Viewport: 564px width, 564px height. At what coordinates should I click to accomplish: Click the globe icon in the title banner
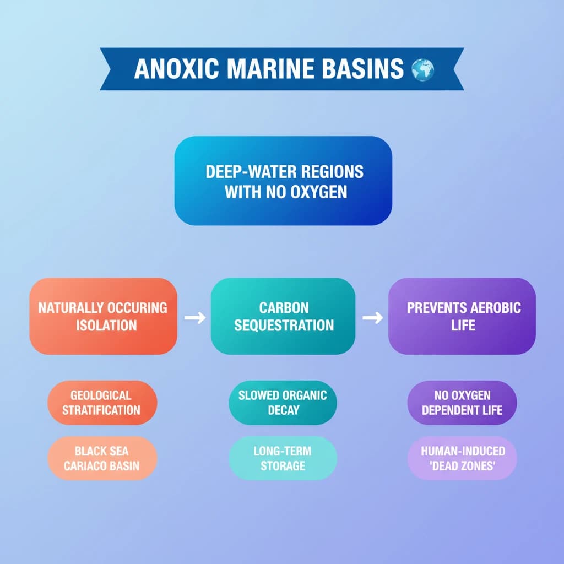[422, 70]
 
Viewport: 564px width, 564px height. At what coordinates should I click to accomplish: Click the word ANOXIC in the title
[177, 68]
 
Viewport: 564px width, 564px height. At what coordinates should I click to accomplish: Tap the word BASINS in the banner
[362, 68]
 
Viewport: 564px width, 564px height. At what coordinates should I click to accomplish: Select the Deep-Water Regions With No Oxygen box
[283, 181]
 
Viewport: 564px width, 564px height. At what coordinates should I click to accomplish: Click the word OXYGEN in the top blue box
[319, 192]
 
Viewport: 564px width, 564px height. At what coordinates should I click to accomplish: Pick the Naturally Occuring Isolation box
[103, 316]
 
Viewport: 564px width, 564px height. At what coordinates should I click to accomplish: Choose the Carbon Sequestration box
[283, 316]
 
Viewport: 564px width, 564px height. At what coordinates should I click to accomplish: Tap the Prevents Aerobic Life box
[462, 316]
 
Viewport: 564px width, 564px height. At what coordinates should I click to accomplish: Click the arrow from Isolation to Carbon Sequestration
[195, 318]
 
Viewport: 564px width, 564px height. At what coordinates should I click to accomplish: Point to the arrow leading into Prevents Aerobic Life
[373, 318]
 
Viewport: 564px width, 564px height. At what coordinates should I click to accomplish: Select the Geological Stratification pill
[102, 403]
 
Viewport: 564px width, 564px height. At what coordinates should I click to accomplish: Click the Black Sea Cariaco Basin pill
[102, 458]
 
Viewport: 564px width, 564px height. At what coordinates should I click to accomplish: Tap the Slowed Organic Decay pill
[283, 403]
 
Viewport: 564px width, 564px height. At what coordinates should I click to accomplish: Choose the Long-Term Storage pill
[283, 458]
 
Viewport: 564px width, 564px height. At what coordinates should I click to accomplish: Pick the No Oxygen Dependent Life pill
[462, 403]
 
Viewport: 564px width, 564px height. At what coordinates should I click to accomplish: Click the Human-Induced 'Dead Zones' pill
[462, 458]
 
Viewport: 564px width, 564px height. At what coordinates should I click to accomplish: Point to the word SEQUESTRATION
[284, 326]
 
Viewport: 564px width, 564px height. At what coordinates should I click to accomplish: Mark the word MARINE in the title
[270, 68]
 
